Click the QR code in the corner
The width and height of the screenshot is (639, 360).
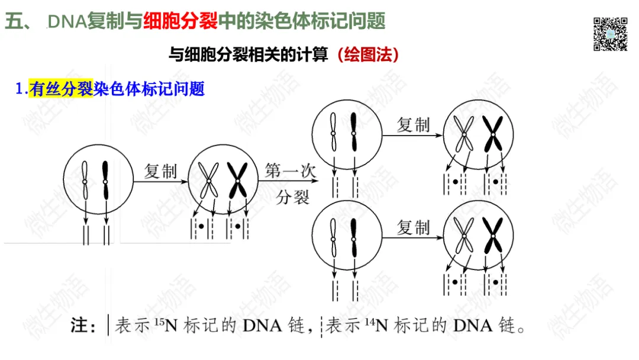(x=610, y=34)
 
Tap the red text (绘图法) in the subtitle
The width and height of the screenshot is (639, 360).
(x=366, y=55)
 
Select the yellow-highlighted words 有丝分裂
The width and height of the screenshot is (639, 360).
(x=60, y=89)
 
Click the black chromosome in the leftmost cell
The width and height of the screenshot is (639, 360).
(x=106, y=180)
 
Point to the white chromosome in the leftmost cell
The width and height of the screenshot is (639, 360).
(x=85, y=180)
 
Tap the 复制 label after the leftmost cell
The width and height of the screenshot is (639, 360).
(x=160, y=172)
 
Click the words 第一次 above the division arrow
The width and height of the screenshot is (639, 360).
(x=286, y=171)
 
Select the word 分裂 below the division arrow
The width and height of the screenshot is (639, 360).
(x=293, y=196)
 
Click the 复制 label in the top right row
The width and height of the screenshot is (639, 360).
(x=412, y=125)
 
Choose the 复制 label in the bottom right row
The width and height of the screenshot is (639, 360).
(x=412, y=227)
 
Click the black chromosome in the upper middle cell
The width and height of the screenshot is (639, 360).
(x=354, y=131)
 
